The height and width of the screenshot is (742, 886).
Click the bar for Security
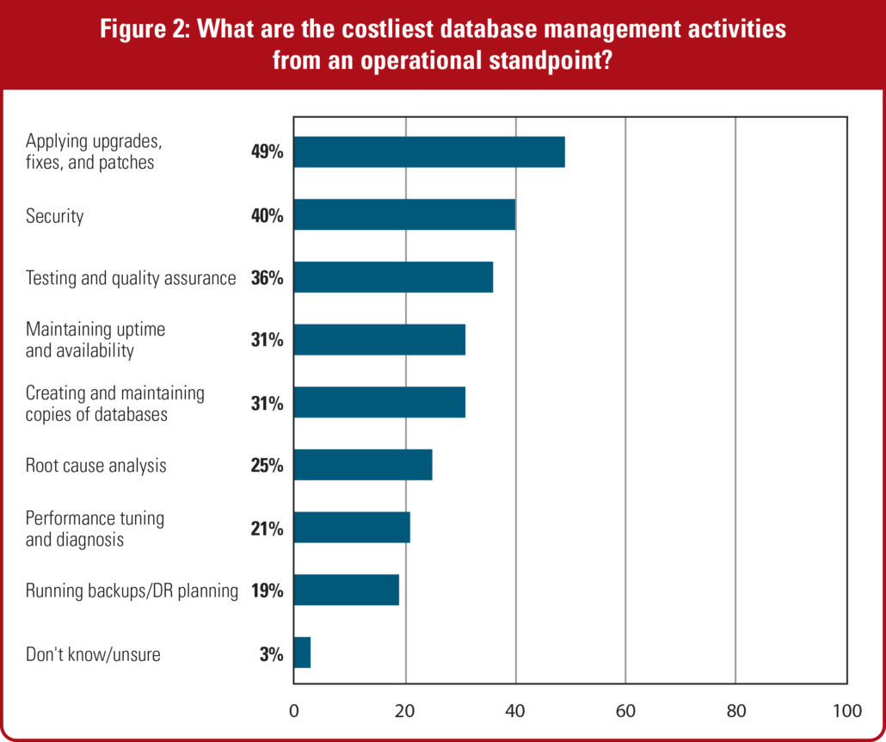click(x=404, y=214)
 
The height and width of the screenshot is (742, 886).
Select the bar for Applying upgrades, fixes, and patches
click(x=429, y=151)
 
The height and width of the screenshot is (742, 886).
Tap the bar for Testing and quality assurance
click(x=393, y=277)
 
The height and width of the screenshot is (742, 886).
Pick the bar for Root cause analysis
click(x=363, y=465)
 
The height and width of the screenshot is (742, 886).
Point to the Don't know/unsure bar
click(x=302, y=653)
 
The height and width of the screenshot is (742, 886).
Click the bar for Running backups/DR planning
click(x=347, y=591)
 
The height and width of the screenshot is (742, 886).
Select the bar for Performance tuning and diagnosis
click(x=352, y=528)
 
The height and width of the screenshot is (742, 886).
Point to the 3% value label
click(x=271, y=654)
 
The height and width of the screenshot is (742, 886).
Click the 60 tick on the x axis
click(x=625, y=711)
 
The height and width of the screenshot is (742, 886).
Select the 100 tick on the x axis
click(x=846, y=711)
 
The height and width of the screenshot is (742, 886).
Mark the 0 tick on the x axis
click(x=294, y=711)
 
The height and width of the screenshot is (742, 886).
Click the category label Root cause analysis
click(x=95, y=466)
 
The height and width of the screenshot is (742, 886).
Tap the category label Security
click(x=54, y=215)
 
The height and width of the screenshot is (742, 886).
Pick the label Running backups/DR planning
click(x=131, y=591)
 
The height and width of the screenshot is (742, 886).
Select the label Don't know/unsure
click(x=93, y=654)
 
